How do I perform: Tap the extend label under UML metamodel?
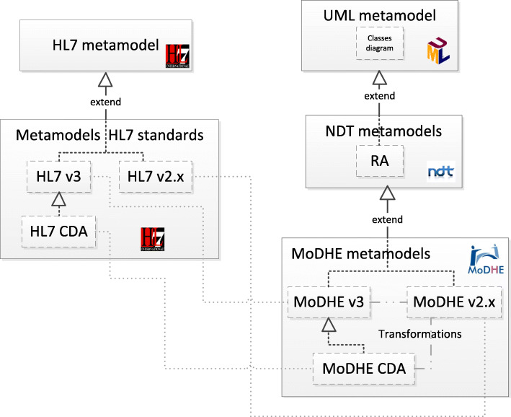click(378, 96)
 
